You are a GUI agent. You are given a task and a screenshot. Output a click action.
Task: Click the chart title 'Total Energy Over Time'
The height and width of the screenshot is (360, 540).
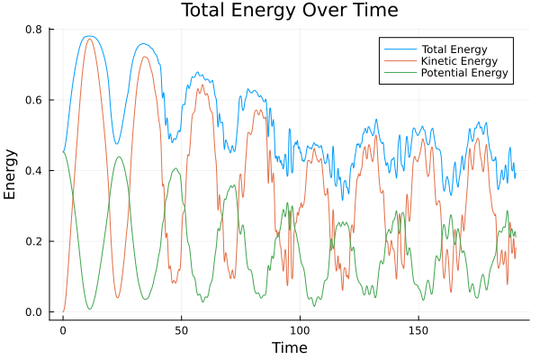click(x=274, y=11)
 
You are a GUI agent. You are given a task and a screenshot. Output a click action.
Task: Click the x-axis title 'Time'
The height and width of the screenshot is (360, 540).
click(x=290, y=347)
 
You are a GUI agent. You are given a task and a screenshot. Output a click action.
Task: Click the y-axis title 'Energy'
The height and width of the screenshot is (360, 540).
click(x=11, y=174)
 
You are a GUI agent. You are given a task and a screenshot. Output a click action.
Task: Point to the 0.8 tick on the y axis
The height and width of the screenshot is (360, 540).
click(x=32, y=30)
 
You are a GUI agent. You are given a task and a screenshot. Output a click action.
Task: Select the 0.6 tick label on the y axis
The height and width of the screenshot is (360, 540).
click(x=32, y=100)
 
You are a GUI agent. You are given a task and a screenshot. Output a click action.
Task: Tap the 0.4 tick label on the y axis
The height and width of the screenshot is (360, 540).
click(x=32, y=171)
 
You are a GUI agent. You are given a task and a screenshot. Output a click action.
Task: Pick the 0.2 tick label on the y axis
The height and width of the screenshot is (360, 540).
click(x=32, y=241)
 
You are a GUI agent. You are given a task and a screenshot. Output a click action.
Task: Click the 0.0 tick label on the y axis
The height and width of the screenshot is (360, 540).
click(x=32, y=312)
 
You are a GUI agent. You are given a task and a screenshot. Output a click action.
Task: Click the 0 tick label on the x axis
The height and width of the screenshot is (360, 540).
click(x=62, y=330)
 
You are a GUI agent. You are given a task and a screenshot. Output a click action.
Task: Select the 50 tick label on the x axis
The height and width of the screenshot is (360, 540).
click(x=181, y=330)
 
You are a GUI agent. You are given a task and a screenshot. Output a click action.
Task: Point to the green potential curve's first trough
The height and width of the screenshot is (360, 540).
click(x=89, y=309)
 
